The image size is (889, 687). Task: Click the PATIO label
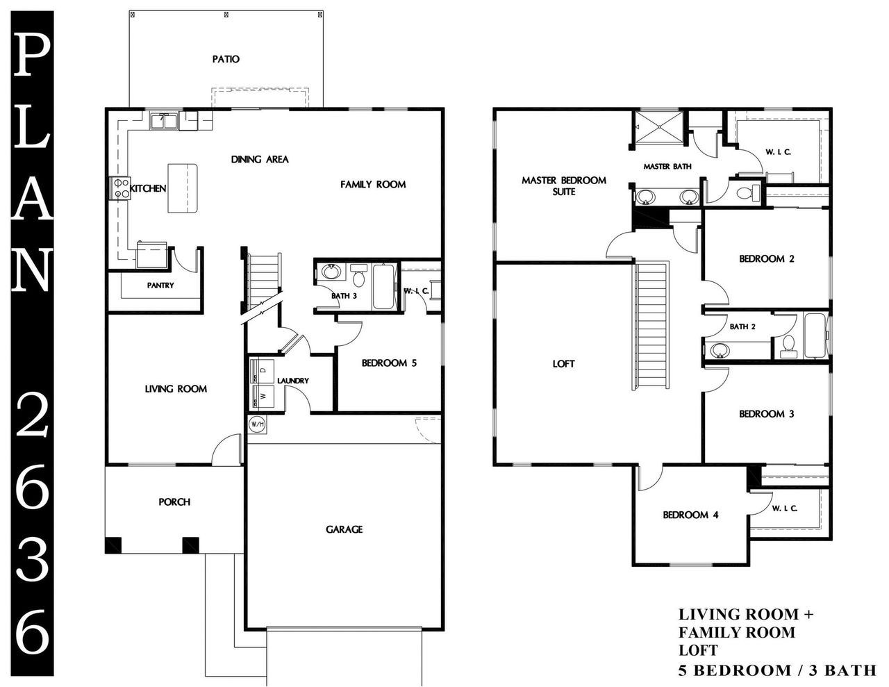pyautogui.click(x=226, y=59)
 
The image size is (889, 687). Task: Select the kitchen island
pyautogui.click(x=182, y=188)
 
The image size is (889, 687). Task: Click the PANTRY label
pyautogui.click(x=160, y=285)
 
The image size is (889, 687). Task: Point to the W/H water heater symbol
pyautogui.click(x=256, y=424)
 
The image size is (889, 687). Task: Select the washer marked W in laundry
pyautogui.click(x=261, y=396)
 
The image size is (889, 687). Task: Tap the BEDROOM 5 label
pyautogui.click(x=389, y=363)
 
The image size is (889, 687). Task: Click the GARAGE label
pyautogui.click(x=344, y=529)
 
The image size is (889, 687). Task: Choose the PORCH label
pyautogui.click(x=174, y=502)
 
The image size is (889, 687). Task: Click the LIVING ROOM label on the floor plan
pyautogui.click(x=176, y=389)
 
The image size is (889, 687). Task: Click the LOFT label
pyautogui.click(x=563, y=364)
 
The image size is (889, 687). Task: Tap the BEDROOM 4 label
pyautogui.click(x=690, y=515)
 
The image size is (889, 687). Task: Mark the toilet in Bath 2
pyautogui.click(x=788, y=345)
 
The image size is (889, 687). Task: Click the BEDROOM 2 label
pyautogui.click(x=766, y=259)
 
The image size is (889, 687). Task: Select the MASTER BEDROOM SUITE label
pyautogui.click(x=563, y=185)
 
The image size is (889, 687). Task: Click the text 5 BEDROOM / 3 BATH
pyautogui.click(x=776, y=670)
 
